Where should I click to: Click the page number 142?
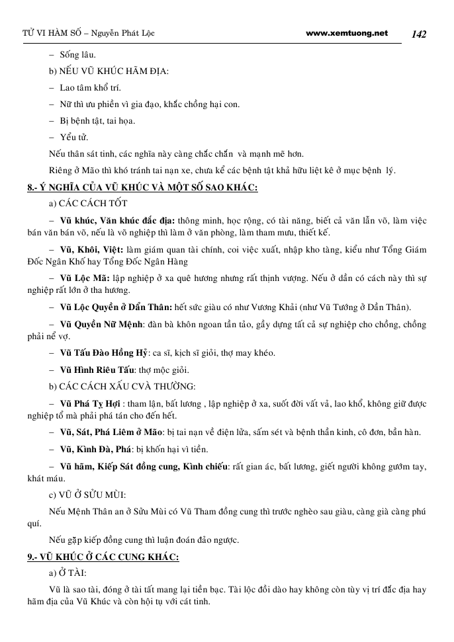pyautogui.click(x=419, y=34)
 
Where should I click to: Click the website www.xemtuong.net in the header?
pyautogui.click(x=347, y=33)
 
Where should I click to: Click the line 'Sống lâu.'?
pyautogui.click(x=77, y=55)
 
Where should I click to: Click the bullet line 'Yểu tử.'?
pyautogui.click(x=73, y=137)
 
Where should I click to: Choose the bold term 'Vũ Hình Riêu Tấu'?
pyautogui.click(x=97, y=369)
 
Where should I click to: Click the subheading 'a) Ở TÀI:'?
pyautogui.click(x=72, y=573)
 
